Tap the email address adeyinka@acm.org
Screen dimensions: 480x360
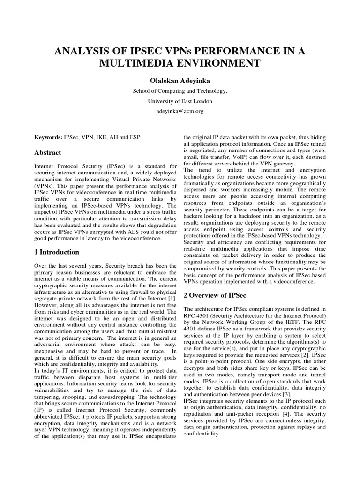click(180, 111)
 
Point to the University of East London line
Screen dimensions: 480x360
click(180, 101)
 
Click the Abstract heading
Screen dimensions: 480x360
click(47, 152)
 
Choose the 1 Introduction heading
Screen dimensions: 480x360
click(57, 252)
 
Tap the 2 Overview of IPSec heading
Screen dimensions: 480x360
click(215, 295)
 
